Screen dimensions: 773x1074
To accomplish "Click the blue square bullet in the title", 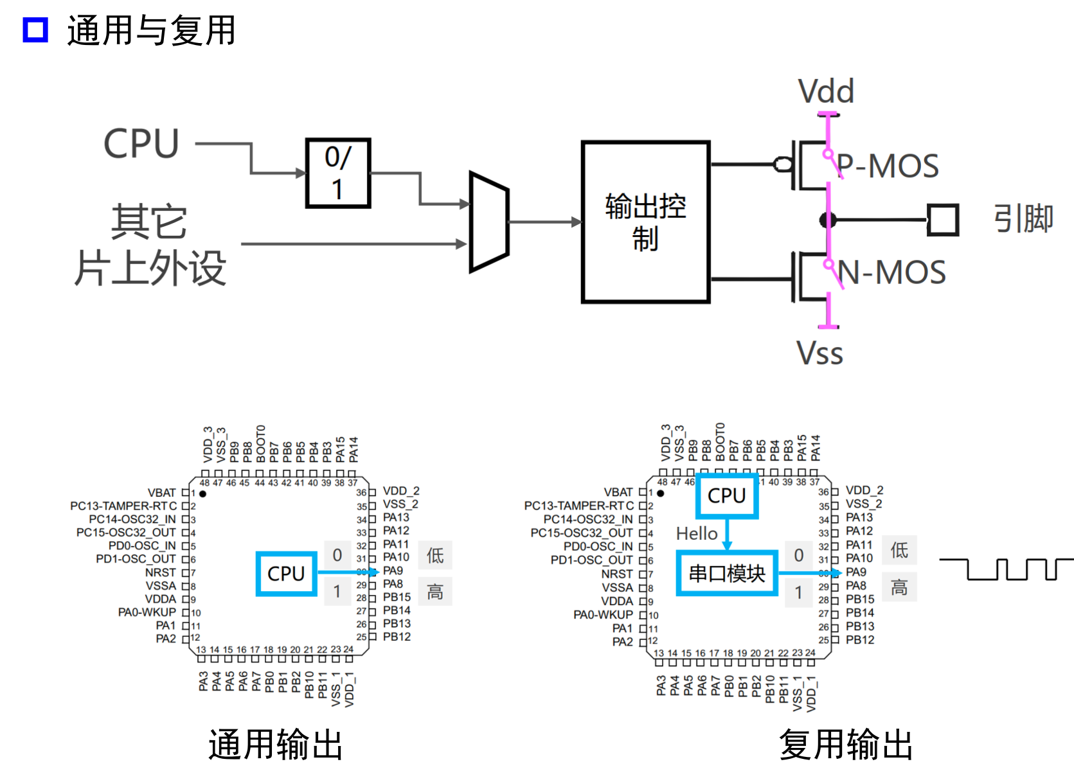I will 35,30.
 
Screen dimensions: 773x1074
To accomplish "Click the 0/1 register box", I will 338,173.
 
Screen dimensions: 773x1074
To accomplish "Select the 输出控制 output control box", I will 645,222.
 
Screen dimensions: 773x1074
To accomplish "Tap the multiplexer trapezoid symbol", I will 489,222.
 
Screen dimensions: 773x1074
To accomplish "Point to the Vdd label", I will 826,91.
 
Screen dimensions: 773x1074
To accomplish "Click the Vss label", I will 819,353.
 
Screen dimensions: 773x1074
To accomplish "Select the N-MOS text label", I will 892,272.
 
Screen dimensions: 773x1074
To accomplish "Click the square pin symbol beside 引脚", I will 943,220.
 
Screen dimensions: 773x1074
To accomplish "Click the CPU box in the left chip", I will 286,573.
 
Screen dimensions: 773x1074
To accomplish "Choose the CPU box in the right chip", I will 727,496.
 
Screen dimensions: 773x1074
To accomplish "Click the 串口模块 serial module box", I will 727,573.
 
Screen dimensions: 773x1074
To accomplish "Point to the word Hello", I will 697,533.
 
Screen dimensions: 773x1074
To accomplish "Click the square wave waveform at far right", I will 1006,569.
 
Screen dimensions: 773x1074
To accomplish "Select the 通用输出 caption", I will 275,745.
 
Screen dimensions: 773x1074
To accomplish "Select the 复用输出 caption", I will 846,745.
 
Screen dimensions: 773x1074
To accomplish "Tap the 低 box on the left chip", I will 435,555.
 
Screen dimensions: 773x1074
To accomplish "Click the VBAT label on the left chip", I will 161,493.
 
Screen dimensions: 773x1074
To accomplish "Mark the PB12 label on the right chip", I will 860,640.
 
